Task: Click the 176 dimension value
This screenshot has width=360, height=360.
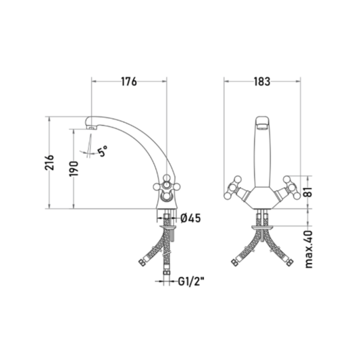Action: pos(129,82)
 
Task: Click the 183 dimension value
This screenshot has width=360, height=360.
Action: pos(262,82)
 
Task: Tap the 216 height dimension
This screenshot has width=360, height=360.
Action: pos(49,163)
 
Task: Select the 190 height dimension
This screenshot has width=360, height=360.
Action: pos(74,169)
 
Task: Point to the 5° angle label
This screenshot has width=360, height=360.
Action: pos(103,151)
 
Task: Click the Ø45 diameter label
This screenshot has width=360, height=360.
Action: pos(190,218)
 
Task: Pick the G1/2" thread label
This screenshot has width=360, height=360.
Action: pos(191,281)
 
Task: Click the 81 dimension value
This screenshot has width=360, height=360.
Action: pos(309,191)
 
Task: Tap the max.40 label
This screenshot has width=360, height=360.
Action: pos(309,249)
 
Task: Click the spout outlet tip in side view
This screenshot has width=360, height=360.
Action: pos(92,128)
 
